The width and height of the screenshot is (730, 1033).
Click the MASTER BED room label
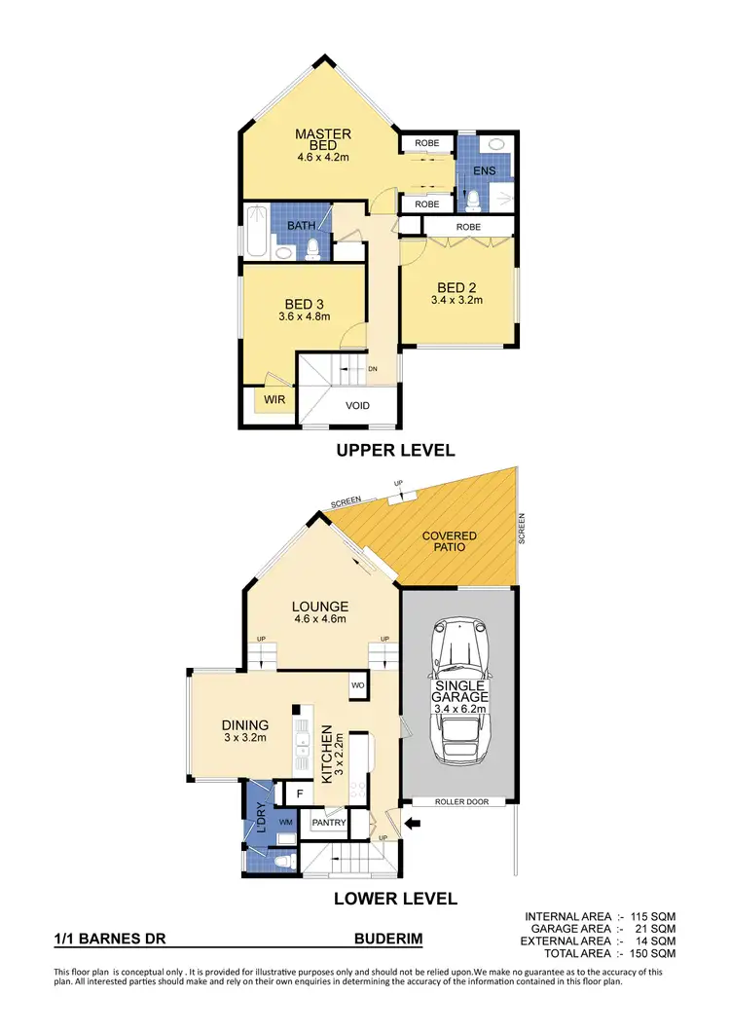point(323,139)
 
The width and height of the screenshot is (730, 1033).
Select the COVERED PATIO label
point(449,541)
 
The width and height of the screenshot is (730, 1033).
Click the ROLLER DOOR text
point(456,802)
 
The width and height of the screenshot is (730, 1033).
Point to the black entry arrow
point(413,825)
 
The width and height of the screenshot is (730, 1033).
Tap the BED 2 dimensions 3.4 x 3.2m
point(456,300)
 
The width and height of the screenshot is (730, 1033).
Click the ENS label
point(484,171)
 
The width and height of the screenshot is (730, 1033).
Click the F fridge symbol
point(300,794)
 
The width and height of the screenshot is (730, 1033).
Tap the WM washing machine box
point(285,824)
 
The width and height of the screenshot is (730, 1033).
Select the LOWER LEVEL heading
point(395,899)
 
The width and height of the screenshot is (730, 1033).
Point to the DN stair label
point(372,369)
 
